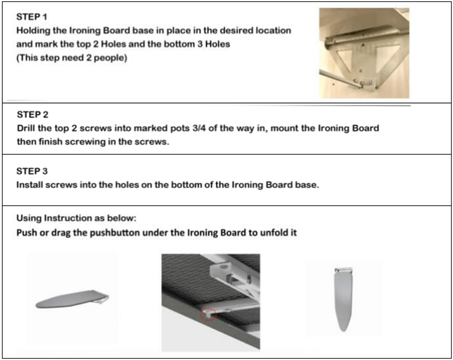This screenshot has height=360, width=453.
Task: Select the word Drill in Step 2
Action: click(x=27, y=128)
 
